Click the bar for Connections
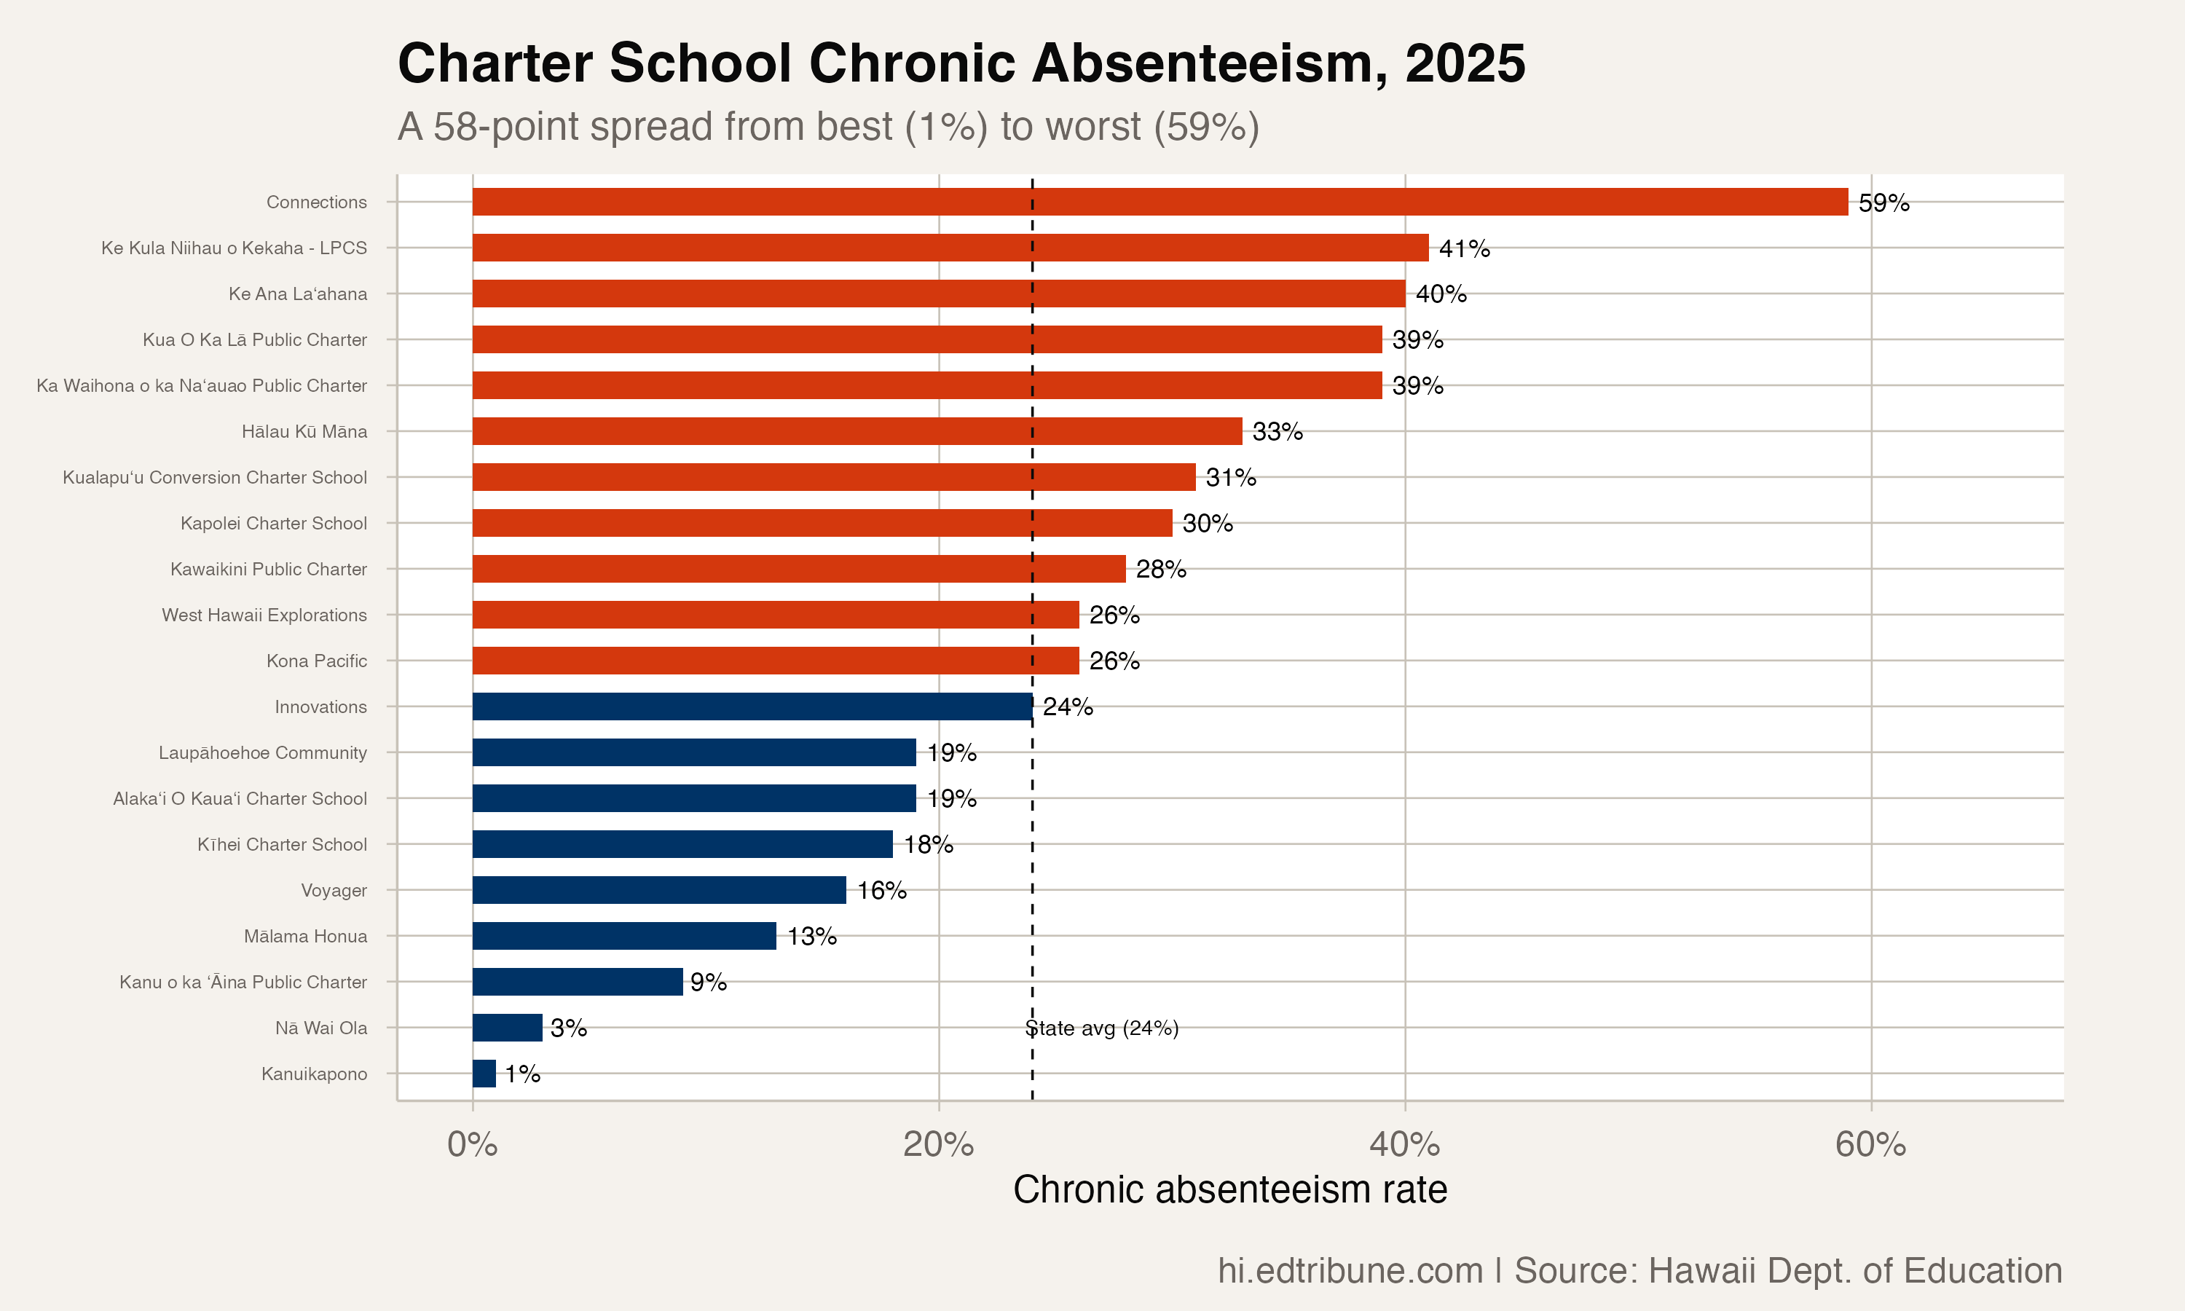(x=1160, y=202)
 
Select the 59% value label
(x=1883, y=203)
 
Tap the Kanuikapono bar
(x=484, y=1074)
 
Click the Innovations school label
(x=320, y=706)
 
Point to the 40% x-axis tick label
(x=1404, y=1144)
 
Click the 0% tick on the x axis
(x=473, y=1144)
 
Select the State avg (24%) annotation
(x=1102, y=1028)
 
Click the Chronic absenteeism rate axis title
(x=1229, y=1189)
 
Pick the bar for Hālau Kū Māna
(x=857, y=431)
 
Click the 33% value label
(x=1277, y=432)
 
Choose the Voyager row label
(x=334, y=891)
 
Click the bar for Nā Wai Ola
(x=507, y=1028)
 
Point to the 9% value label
(x=709, y=983)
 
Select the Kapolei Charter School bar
(x=822, y=523)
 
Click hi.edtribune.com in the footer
(x=1350, y=1270)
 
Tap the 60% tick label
(x=1870, y=1144)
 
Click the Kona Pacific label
(x=316, y=661)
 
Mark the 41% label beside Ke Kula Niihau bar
(x=1465, y=249)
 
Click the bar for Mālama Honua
(x=623, y=936)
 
